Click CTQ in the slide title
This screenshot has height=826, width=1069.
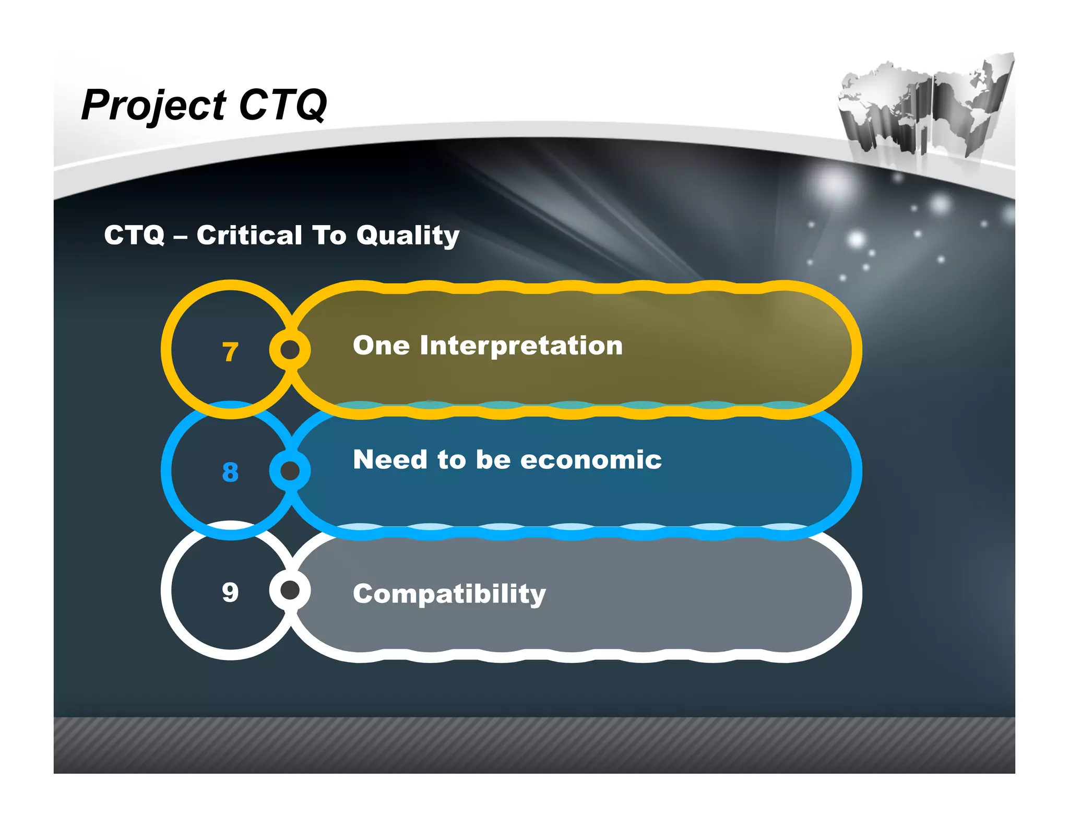(282, 105)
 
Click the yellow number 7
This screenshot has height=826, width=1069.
(230, 352)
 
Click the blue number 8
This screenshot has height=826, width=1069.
(230, 472)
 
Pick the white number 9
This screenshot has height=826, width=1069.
(230, 592)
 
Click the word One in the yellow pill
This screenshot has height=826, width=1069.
(381, 346)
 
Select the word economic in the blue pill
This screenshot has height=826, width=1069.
(591, 460)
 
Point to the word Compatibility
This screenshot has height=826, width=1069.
(449, 594)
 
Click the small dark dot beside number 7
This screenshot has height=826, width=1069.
(290, 349)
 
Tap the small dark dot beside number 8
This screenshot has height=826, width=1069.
(290, 471)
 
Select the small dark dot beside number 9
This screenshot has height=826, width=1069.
(290, 590)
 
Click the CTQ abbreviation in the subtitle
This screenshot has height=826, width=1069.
(134, 235)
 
